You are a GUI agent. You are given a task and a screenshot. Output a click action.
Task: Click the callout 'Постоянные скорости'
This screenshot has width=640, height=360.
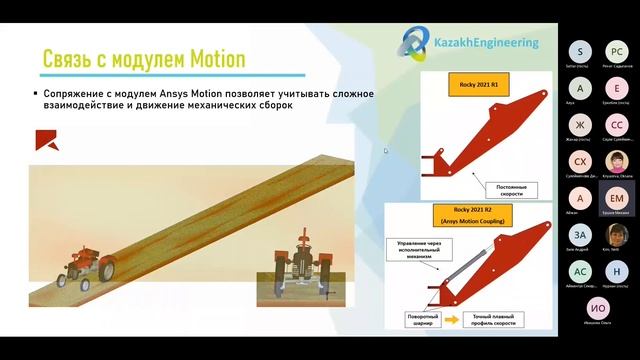(511, 189)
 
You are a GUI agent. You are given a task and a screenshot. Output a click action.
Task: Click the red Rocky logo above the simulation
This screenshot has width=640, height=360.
(46, 139)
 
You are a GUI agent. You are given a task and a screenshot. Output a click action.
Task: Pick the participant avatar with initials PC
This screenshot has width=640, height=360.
(617, 50)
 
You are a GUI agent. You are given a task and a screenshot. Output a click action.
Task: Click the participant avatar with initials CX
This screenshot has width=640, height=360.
(579, 161)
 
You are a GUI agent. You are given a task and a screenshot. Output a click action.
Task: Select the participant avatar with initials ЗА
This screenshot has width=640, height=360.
(579, 235)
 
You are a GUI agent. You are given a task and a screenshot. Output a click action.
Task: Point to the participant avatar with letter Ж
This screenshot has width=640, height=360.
(579, 124)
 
